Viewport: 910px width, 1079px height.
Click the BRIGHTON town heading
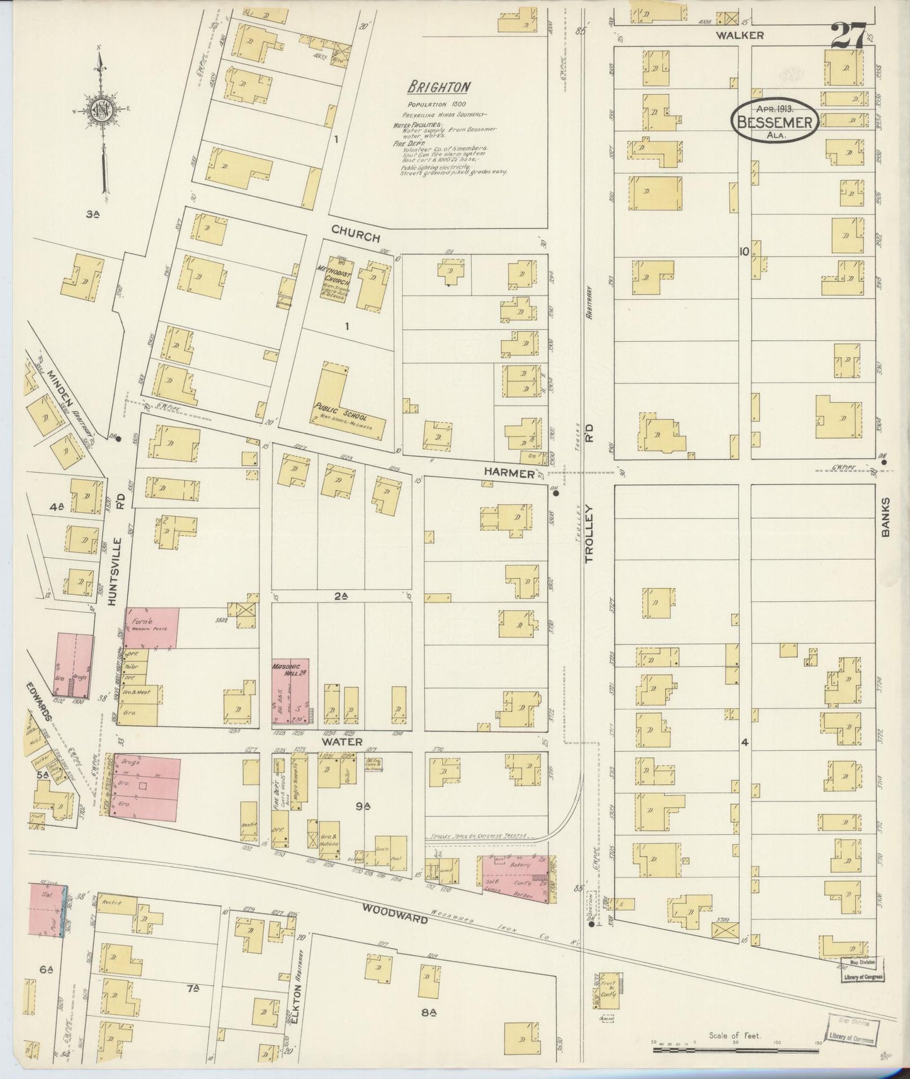(x=438, y=86)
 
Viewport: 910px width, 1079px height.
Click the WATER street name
(x=342, y=742)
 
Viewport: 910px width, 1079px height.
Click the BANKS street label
(x=885, y=517)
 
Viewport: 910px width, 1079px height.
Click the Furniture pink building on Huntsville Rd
(x=152, y=627)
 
